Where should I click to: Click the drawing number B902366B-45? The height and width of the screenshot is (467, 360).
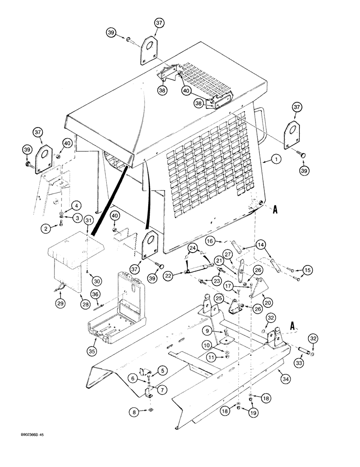23,447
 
